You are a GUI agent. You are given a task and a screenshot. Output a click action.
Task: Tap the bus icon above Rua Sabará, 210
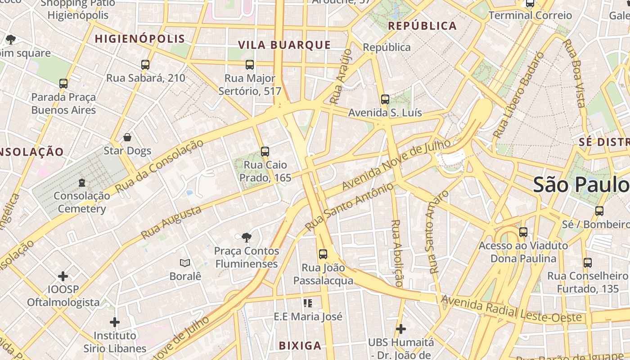(145, 65)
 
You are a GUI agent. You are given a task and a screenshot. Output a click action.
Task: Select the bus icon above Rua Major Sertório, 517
(250, 65)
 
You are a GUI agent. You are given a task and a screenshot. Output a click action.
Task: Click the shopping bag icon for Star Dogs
(127, 137)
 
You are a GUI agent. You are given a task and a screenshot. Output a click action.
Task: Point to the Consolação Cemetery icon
(81, 183)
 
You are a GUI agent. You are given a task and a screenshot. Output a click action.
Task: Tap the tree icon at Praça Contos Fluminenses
(246, 237)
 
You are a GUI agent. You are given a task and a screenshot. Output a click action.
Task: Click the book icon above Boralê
(185, 263)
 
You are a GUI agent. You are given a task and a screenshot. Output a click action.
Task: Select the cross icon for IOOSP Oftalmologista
(63, 276)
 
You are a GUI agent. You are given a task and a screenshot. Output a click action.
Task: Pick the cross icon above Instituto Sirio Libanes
(115, 322)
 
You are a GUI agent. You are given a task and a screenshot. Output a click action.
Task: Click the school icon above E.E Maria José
(308, 303)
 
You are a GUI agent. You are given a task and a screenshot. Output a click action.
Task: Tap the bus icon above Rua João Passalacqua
(323, 254)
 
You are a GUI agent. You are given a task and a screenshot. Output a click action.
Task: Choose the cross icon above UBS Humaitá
(400, 329)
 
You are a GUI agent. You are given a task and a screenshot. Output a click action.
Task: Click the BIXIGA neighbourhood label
(300, 346)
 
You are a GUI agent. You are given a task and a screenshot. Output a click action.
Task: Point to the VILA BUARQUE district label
(284, 45)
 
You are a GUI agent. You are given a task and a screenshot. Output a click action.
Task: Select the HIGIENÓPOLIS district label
(140, 39)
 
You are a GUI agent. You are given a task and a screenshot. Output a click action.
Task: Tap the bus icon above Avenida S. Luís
(385, 99)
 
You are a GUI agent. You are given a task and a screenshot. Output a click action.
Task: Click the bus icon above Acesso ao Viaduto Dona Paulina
(523, 232)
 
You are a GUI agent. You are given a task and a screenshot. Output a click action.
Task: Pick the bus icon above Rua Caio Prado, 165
(265, 152)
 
